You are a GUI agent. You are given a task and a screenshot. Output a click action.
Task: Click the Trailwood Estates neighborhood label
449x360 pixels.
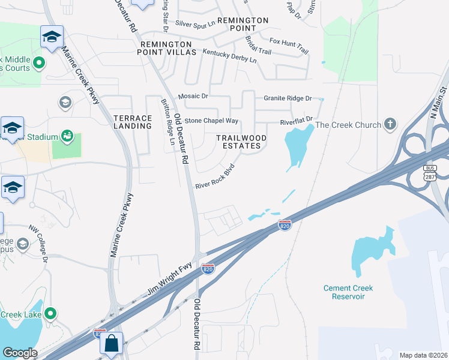tap(242, 142)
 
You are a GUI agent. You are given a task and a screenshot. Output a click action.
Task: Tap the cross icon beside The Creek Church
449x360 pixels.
tap(390, 124)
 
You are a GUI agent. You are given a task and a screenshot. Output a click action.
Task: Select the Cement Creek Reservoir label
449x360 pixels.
tap(348, 292)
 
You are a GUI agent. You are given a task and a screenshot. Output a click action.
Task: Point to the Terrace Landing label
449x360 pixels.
tap(133, 122)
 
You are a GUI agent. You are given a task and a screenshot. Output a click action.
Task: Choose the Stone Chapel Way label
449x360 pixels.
tap(211, 121)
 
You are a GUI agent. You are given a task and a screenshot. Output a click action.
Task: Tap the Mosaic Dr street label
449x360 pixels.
tap(193, 96)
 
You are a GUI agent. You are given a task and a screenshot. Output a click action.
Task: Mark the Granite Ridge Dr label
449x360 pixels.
tap(288, 98)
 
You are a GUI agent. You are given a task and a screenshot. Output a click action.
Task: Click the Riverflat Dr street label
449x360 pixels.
tap(297, 121)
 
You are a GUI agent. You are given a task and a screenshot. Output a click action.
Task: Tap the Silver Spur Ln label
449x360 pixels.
tap(195, 24)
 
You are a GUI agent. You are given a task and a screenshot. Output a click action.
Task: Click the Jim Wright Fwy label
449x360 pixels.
tap(169, 285)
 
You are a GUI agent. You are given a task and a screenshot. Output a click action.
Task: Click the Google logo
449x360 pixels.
tap(20, 353)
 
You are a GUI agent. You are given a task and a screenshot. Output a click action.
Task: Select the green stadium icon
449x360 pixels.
tap(67, 137)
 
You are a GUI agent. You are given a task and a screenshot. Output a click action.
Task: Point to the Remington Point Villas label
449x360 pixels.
tap(168, 49)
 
